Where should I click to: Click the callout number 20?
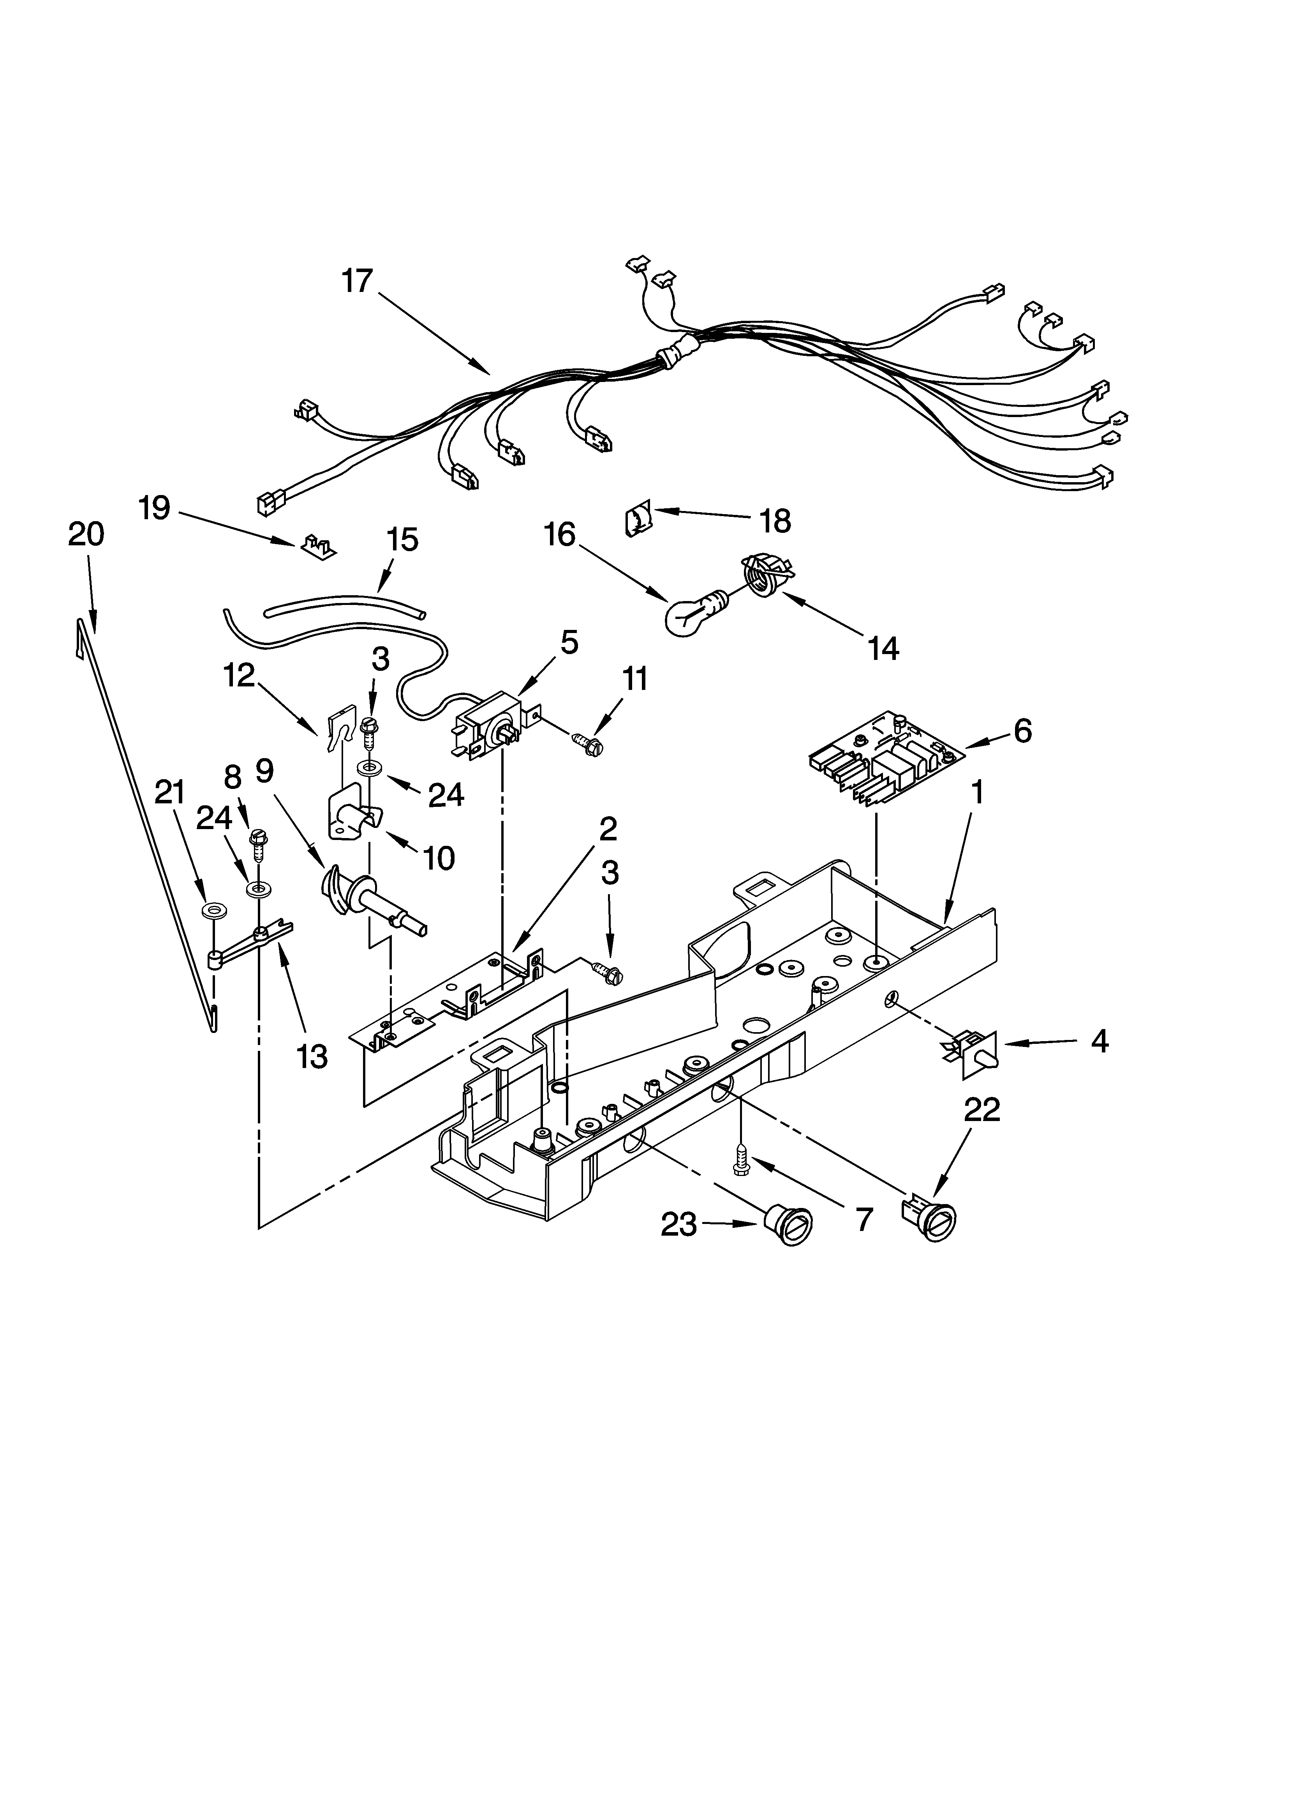tap(86, 535)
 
